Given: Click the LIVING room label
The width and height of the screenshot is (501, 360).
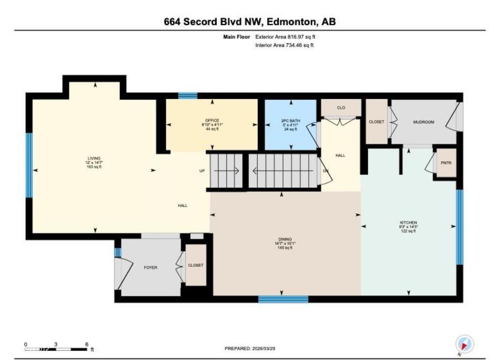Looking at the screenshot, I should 94,158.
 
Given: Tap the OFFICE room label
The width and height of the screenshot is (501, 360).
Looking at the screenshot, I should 212,120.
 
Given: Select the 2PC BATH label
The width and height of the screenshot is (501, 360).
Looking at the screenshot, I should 291,120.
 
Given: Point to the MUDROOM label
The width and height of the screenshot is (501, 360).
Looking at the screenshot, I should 423,122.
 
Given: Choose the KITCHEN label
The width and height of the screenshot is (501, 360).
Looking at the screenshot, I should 408,223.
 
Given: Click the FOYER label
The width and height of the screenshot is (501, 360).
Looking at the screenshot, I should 150,267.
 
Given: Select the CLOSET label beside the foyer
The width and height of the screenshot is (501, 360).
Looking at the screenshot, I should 196,265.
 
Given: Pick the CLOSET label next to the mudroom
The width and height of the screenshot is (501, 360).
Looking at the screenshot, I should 377,122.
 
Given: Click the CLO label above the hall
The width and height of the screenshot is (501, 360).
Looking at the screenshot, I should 341,107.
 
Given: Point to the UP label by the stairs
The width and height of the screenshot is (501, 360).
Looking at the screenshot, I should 202,171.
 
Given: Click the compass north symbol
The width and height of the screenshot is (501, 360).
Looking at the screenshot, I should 464,344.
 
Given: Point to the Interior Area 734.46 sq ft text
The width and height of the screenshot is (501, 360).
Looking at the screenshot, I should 284,45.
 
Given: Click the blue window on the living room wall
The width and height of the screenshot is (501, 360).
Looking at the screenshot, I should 29,165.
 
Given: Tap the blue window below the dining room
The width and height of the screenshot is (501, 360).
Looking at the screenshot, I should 283,299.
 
